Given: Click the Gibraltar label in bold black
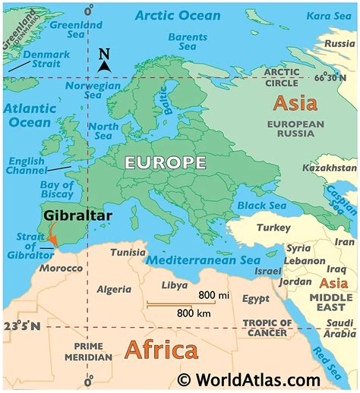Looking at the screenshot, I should pyautogui.click(x=77, y=215).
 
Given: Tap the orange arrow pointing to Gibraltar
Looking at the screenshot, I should pyautogui.click(x=52, y=237).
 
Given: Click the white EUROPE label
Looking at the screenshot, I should pyautogui.click(x=166, y=162).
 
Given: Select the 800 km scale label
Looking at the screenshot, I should pyautogui.click(x=194, y=312).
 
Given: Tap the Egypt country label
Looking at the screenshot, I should pyautogui.click(x=255, y=299).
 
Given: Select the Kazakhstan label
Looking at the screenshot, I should pyautogui.click(x=329, y=167).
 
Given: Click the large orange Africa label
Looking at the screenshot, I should pyautogui.click(x=160, y=350).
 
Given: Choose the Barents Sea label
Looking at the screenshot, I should pyautogui.click(x=187, y=41).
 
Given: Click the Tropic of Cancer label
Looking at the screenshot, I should pyautogui.click(x=266, y=328).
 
